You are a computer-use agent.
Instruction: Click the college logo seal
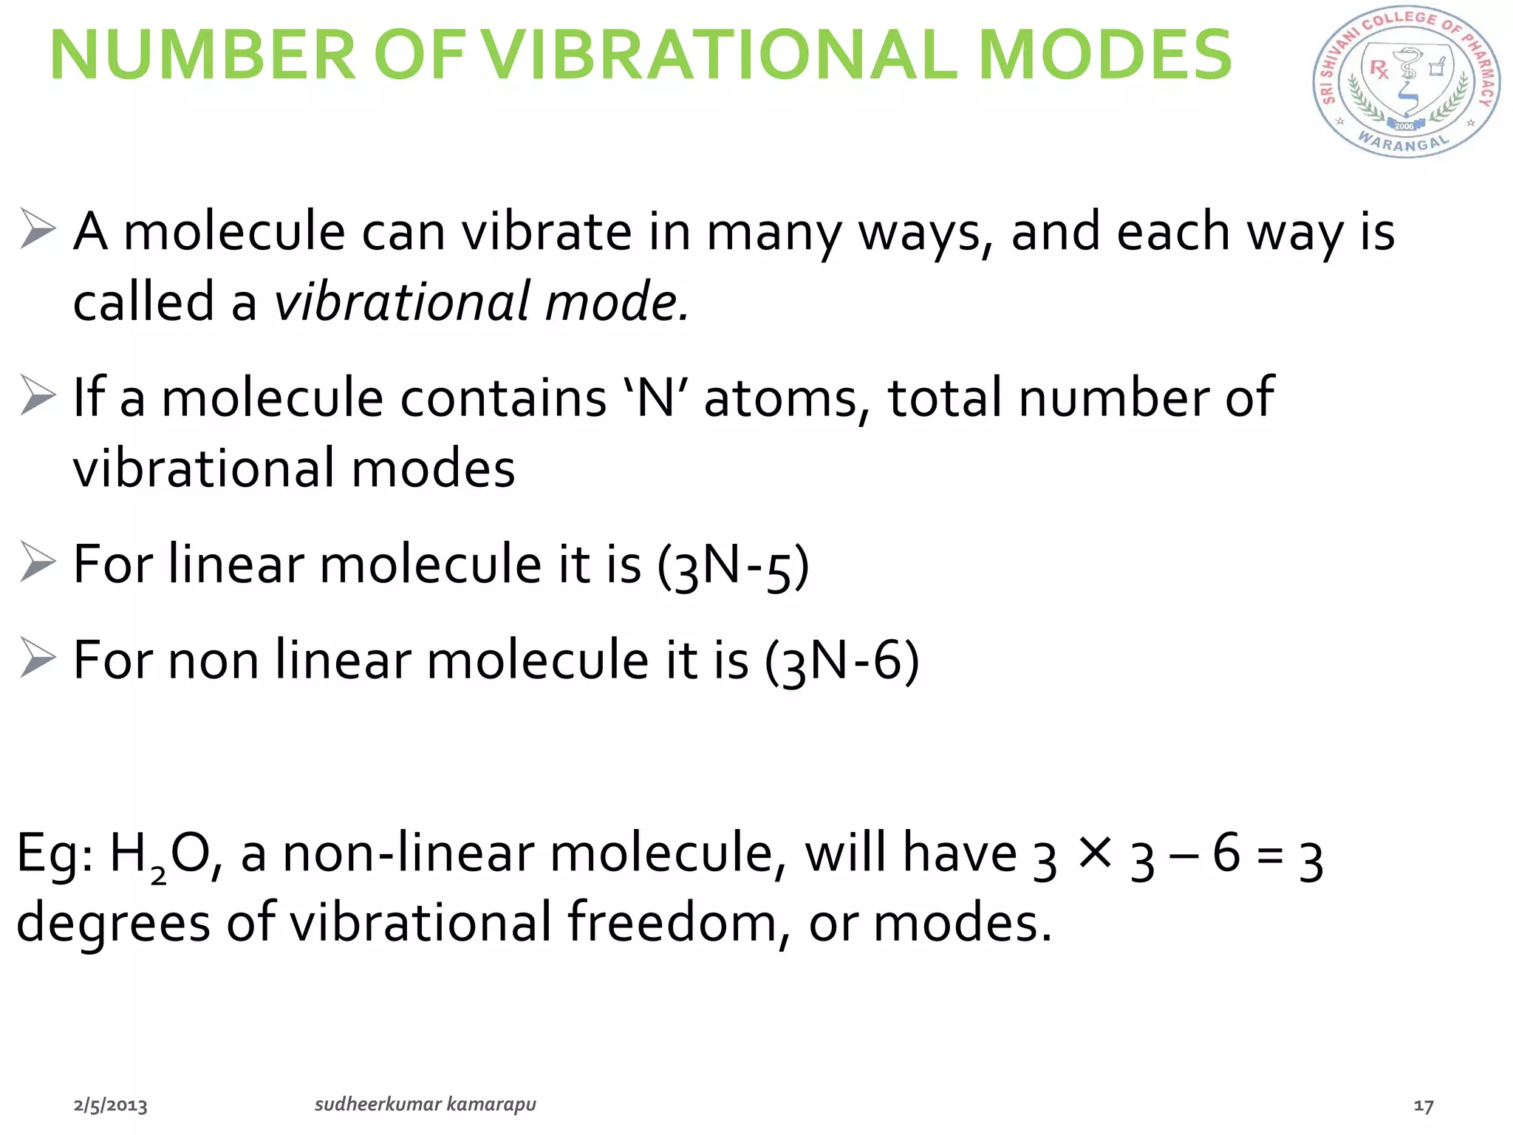click(x=1405, y=83)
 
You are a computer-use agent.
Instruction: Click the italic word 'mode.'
click(x=617, y=301)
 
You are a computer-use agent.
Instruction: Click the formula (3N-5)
click(x=734, y=566)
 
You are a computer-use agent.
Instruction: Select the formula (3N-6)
click(x=842, y=661)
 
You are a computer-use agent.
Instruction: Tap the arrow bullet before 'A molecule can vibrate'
click(x=37, y=229)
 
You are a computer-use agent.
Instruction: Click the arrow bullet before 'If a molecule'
click(x=37, y=395)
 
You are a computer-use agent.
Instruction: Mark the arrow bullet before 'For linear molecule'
click(x=37, y=562)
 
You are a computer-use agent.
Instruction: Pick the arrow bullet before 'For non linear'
click(x=37, y=658)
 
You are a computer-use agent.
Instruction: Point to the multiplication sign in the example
click(x=1094, y=853)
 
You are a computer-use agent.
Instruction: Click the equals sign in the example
click(x=1270, y=857)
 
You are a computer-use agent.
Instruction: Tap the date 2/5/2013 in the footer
click(x=110, y=1105)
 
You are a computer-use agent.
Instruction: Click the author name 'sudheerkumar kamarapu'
click(x=426, y=1105)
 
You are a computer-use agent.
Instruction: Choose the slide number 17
click(x=1423, y=1106)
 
